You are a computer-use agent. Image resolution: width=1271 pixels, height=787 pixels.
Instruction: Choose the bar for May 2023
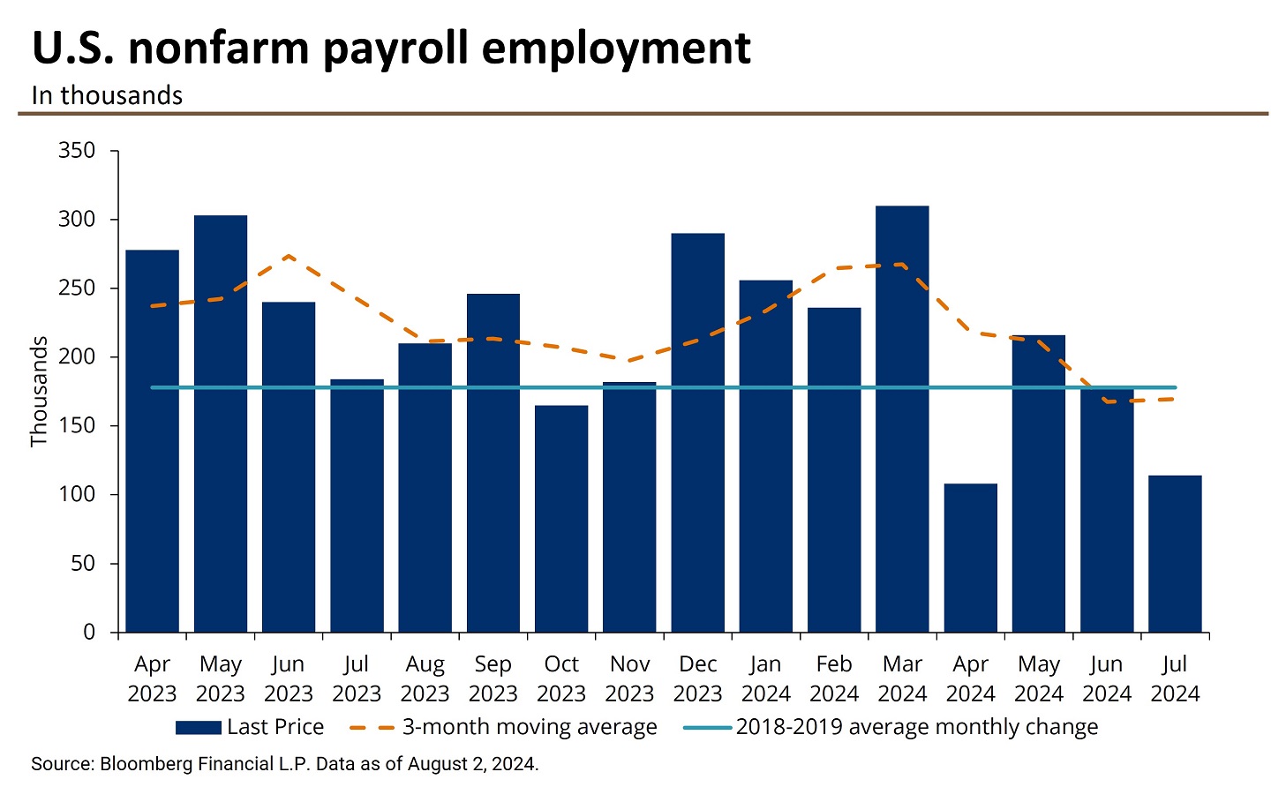pyautogui.click(x=221, y=423)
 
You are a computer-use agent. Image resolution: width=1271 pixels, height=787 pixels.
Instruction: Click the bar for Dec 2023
pyautogui.click(x=697, y=432)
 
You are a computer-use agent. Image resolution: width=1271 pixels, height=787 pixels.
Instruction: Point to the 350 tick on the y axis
pyautogui.click(x=77, y=151)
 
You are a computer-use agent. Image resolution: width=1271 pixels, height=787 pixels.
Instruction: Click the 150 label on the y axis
pyautogui.click(x=77, y=426)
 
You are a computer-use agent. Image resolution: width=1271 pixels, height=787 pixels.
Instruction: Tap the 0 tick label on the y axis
pyautogui.click(x=89, y=633)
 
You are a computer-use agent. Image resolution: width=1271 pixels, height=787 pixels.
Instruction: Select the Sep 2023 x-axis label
pyautogui.click(x=493, y=678)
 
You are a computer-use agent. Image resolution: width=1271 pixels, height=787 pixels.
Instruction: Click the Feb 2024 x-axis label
pyautogui.click(x=834, y=678)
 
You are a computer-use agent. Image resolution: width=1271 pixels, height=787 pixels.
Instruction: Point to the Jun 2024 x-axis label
pyautogui.click(x=1107, y=678)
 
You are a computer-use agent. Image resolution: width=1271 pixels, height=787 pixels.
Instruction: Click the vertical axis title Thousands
pyautogui.click(x=39, y=392)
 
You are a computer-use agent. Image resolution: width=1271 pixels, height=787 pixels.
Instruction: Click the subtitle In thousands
pyautogui.click(x=107, y=95)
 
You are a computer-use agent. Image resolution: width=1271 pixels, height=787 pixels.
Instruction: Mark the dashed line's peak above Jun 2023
pyautogui.click(x=289, y=257)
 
